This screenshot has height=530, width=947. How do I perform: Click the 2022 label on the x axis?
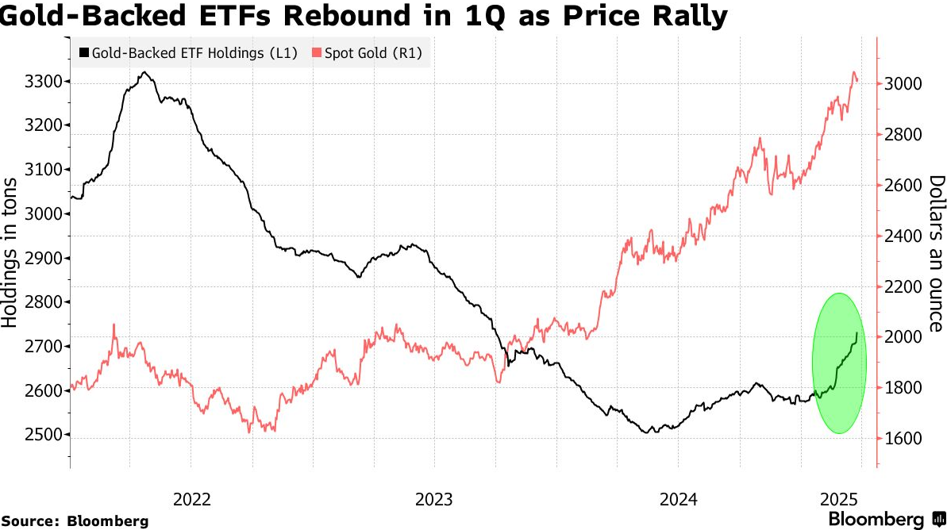click(192, 499)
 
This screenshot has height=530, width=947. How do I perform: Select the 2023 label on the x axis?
click(434, 499)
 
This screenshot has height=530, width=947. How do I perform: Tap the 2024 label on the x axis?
click(677, 499)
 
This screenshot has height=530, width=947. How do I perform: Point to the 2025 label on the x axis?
click(838, 499)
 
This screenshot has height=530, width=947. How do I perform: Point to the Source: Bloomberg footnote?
click(75, 521)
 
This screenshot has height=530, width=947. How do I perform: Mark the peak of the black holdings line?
click(144, 72)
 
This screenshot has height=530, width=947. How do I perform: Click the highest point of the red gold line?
click(854, 72)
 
